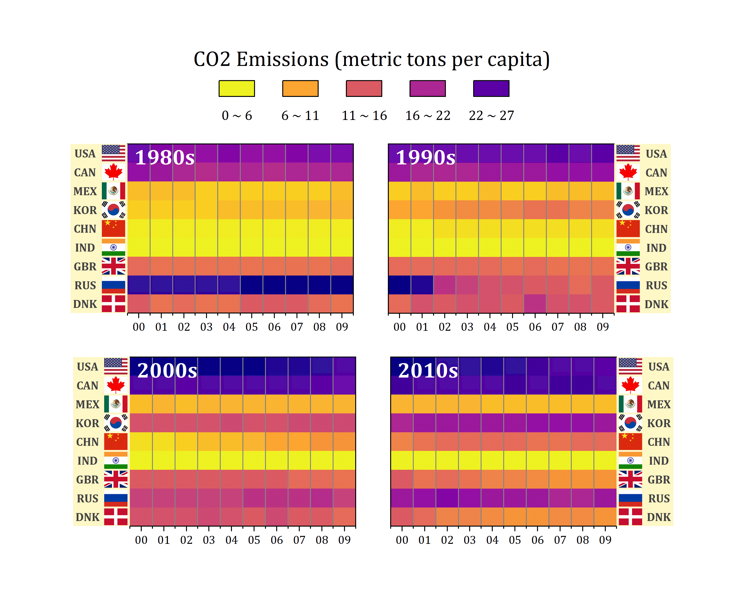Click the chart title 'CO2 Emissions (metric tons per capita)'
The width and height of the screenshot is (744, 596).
coord(372,59)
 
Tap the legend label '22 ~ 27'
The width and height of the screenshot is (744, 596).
coord(491,116)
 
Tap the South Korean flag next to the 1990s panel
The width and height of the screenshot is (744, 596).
coord(628,210)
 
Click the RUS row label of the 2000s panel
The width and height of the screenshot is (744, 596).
coord(88,498)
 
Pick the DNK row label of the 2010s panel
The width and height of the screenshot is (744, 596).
coord(659,517)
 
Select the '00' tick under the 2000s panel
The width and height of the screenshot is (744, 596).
coord(141,540)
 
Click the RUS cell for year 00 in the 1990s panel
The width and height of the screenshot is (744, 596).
coord(400,285)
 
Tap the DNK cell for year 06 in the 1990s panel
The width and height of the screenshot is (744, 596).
coord(535,303)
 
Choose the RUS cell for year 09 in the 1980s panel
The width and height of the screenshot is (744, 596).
coord(342,285)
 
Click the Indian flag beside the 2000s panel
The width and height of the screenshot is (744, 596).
coord(116,460)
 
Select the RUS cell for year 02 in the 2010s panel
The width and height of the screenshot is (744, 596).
coord(447,498)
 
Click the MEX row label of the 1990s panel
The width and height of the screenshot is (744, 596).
coord(656,191)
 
